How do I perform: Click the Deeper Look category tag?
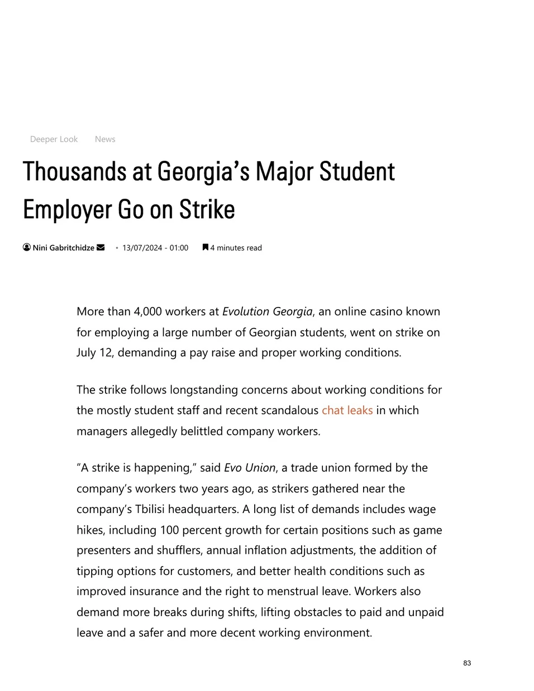(x=54, y=139)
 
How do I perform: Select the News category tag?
(x=105, y=139)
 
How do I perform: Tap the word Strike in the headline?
(x=207, y=210)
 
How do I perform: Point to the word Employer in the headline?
(x=68, y=210)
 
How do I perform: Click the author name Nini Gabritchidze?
(x=63, y=248)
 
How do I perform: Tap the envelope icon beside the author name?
(x=101, y=247)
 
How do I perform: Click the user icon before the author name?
(x=27, y=247)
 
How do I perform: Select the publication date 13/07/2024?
(x=142, y=248)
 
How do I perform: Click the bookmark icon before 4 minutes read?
(x=206, y=247)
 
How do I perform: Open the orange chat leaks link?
(x=347, y=410)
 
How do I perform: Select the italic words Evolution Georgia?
(x=267, y=311)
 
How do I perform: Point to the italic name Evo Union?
(x=250, y=468)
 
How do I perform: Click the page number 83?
(x=467, y=663)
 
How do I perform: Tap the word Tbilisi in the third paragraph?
(x=150, y=509)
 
